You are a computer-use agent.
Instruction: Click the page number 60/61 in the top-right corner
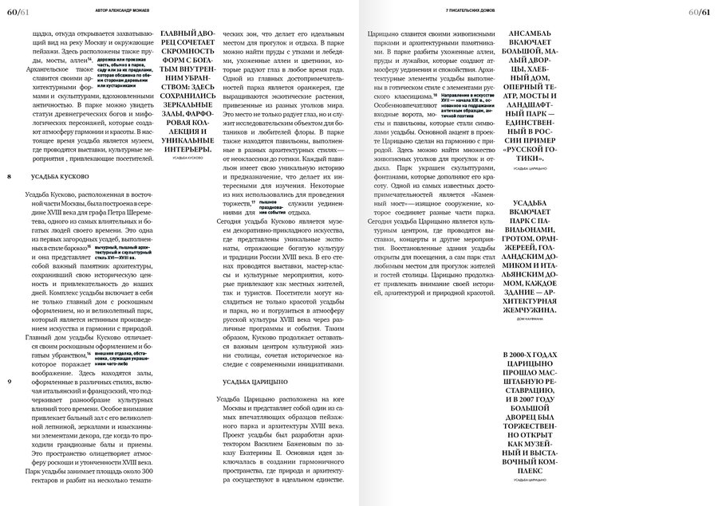[x=700, y=8]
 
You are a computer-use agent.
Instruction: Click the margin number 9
[x=9, y=382]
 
